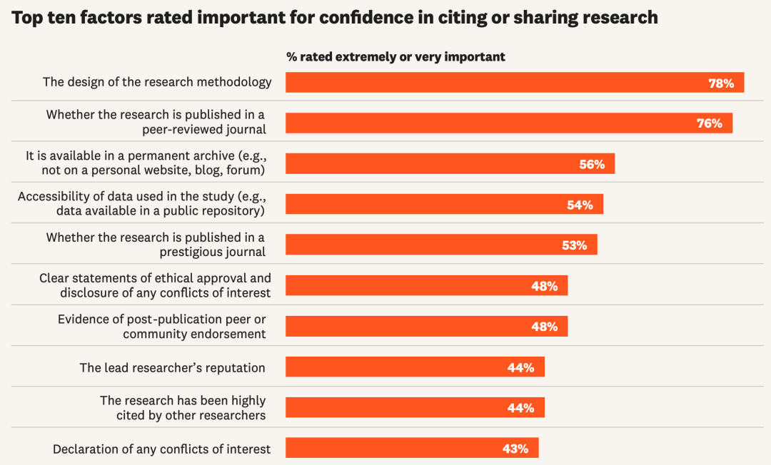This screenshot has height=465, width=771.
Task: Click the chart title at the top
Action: (x=335, y=17)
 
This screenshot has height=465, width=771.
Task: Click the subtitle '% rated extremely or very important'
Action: (x=395, y=57)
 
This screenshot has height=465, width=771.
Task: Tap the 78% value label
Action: (x=721, y=83)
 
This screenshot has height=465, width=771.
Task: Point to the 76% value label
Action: (x=710, y=123)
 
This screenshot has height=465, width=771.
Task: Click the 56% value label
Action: (x=592, y=164)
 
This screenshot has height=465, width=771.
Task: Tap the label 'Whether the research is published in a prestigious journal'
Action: (x=156, y=245)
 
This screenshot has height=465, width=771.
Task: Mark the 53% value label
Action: (x=575, y=245)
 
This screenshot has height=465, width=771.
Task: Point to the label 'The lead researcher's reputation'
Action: (x=172, y=368)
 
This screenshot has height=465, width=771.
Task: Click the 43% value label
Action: (x=515, y=449)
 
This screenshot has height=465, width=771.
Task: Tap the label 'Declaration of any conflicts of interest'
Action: (x=162, y=449)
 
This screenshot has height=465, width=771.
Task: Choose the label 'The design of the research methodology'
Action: (x=157, y=82)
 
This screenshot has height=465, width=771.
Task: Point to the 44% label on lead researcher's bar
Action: (x=521, y=368)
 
